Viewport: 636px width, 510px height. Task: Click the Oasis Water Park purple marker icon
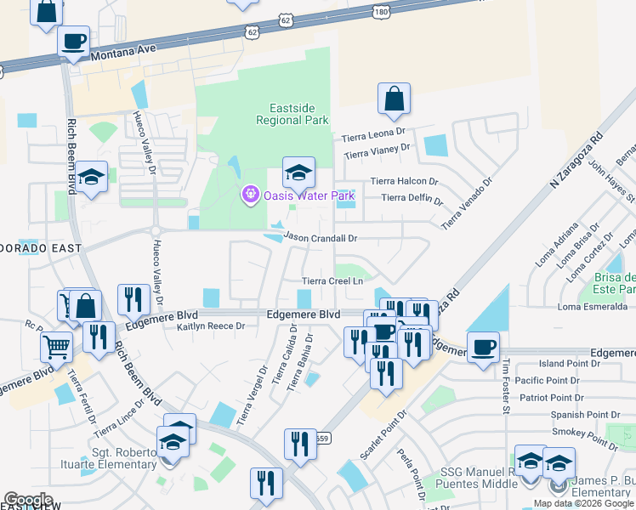click(250, 195)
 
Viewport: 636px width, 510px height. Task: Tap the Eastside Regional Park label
click(292, 114)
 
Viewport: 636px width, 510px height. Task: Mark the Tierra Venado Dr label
click(466, 203)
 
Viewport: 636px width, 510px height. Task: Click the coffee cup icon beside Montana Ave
click(74, 42)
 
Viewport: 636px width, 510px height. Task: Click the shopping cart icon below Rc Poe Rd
click(56, 346)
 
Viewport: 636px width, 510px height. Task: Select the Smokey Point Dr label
click(584, 437)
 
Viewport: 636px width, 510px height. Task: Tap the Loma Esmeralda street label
click(593, 307)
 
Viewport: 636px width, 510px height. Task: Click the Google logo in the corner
click(28, 500)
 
